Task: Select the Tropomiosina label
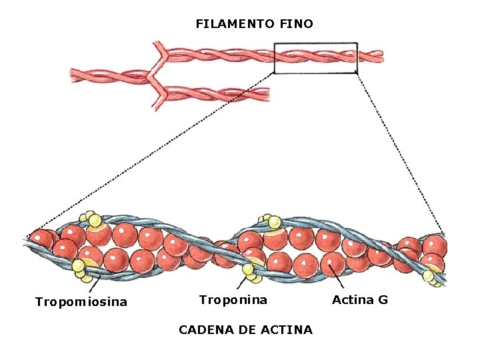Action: [81, 303]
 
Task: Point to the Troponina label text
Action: [233, 300]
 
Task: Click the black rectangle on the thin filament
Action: [316, 44]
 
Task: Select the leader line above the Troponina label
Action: [243, 283]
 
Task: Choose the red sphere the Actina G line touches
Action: [332, 265]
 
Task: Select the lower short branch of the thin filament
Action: [213, 94]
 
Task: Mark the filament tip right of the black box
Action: [372, 57]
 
